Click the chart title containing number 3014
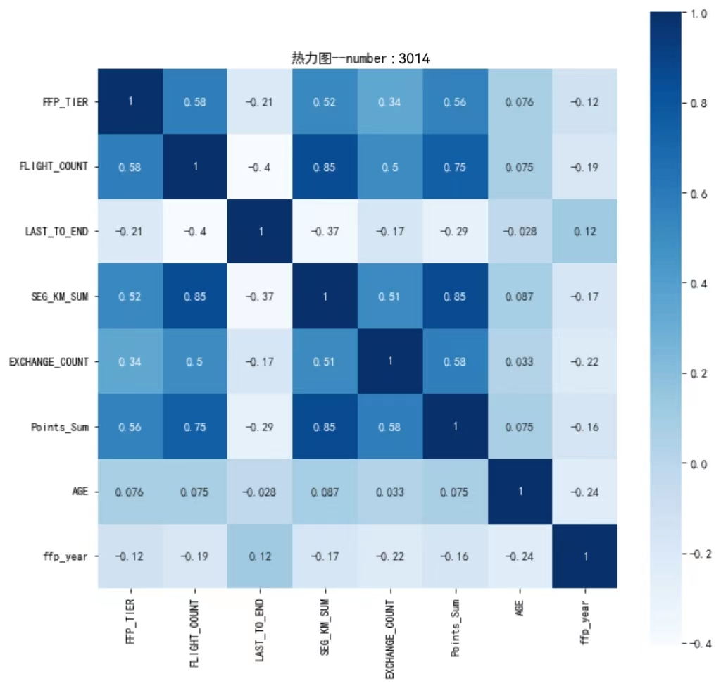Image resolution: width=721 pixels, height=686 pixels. tap(360, 58)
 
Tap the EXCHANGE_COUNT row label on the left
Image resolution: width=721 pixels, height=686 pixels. tap(49, 361)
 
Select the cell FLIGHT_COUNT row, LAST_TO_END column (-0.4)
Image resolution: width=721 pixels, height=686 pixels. tap(260, 167)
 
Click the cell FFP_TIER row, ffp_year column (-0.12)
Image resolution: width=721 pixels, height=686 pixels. tap(585, 102)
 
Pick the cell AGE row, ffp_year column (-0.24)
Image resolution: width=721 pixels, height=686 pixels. tap(585, 492)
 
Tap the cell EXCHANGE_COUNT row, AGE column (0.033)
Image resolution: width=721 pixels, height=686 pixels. tap(520, 362)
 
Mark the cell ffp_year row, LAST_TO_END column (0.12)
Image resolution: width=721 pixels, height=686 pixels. tap(260, 556)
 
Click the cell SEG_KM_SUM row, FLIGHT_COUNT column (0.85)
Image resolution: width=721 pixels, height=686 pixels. tap(194, 297)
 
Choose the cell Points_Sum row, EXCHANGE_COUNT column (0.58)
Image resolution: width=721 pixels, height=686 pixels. tap(389, 427)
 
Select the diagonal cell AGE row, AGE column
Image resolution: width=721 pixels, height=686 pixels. tap(520, 492)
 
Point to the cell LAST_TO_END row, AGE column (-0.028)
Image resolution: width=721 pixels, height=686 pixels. tap(520, 232)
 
